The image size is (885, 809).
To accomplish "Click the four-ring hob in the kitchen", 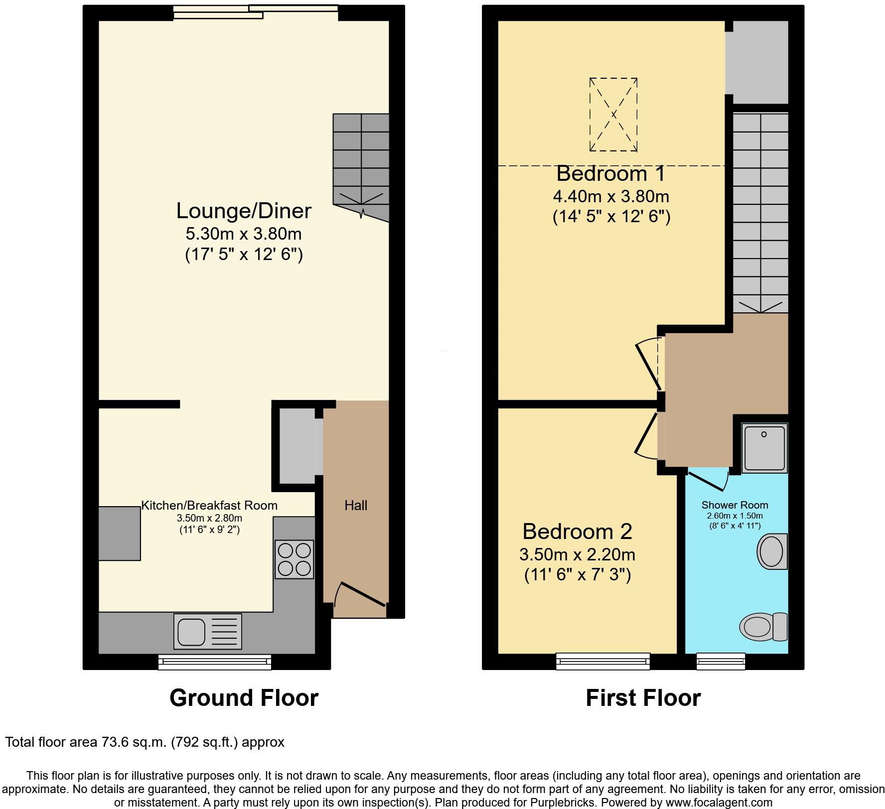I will pyautogui.click(x=294, y=559).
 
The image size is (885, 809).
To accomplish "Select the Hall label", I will pyautogui.click(x=356, y=505).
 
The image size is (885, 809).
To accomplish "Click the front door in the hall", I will pyautogui.click(x=361, y=594).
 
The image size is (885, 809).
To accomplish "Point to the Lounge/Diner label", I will pyautogui.click(x=244, y=211).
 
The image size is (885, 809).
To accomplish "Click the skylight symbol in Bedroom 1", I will pyautogui.click(x=613, y=115).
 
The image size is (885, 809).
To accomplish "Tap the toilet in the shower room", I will pyautogui.click(x=763, y=626).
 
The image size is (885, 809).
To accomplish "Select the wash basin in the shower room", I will pyautogui.click(x=772, y=551).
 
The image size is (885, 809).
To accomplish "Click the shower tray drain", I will pyautogui.click(x=763, y=434).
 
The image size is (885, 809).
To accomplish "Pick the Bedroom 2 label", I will pyautogui.click(x=577, y=532).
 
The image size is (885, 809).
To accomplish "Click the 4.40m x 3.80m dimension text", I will pyautogui.click(x=611, y=196).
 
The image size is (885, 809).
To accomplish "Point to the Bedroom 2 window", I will pyautogui.click(x=603, y=661).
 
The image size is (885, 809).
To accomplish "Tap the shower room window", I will pyautogui.click(x=721, y=661).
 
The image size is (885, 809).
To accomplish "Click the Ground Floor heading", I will pyautogui.click(x=244, y=698).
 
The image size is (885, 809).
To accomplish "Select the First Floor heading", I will pyautogui.click(x=643, y=698).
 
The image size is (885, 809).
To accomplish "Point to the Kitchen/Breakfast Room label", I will pyautogui.click(x=209, y=505).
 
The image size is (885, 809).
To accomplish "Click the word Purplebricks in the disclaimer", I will pyautogui.click(x=567, y=803).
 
